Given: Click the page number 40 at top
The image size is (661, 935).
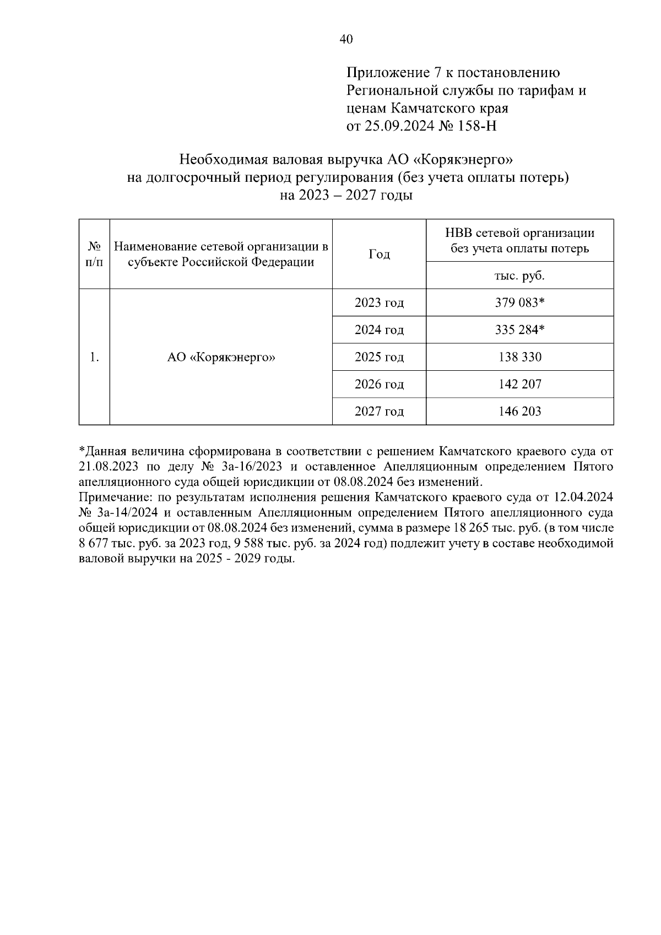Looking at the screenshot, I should click(x=346, y=39).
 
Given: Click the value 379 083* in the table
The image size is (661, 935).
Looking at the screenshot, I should click(x=519, y=302).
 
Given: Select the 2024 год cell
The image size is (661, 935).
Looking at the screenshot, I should click(x=379, y=330).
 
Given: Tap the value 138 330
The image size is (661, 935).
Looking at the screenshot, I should click(x=519, y=357).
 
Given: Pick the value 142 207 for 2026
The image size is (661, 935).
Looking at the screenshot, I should click(x=519, y=384).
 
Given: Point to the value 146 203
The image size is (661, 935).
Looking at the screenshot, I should click(x=519, y=411).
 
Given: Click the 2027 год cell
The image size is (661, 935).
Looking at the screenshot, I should click(x=379, y=411).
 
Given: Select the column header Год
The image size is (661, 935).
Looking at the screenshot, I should click(x=379, y=254).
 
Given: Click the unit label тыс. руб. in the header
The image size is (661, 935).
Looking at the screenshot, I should click(x=519, y=275).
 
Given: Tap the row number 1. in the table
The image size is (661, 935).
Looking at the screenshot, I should click(x=94, y=357).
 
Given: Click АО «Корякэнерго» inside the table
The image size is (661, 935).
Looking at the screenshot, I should click(x=221, y=357).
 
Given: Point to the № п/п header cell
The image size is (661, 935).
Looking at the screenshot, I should click(x=94, y=254).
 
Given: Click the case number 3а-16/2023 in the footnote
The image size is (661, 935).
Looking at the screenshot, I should click(x=250, y=467).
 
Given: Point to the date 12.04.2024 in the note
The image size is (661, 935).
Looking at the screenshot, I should click(x=583, y=498).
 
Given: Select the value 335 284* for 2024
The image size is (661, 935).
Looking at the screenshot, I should click(x=519, y=330).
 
